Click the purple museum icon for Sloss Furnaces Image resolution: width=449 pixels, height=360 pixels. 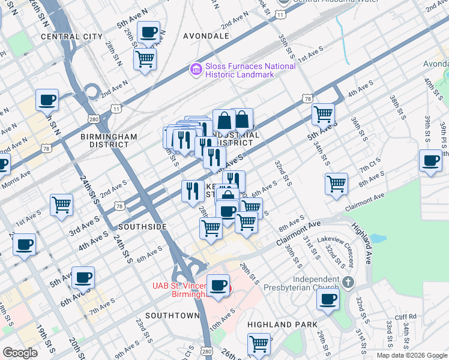click(196, 70)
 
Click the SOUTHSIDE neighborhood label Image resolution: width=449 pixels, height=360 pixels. click(142, 227)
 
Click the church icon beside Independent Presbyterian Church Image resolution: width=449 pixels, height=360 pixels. click(348, 281)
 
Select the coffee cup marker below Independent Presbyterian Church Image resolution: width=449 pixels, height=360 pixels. click(328, 299)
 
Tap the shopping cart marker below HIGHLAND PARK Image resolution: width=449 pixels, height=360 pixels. click(259, 344)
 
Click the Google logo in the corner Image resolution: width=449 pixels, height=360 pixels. click(20, 353)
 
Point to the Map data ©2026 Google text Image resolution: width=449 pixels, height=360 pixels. click(411, 355)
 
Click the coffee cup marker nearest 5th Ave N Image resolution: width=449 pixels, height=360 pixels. click(148, 32)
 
